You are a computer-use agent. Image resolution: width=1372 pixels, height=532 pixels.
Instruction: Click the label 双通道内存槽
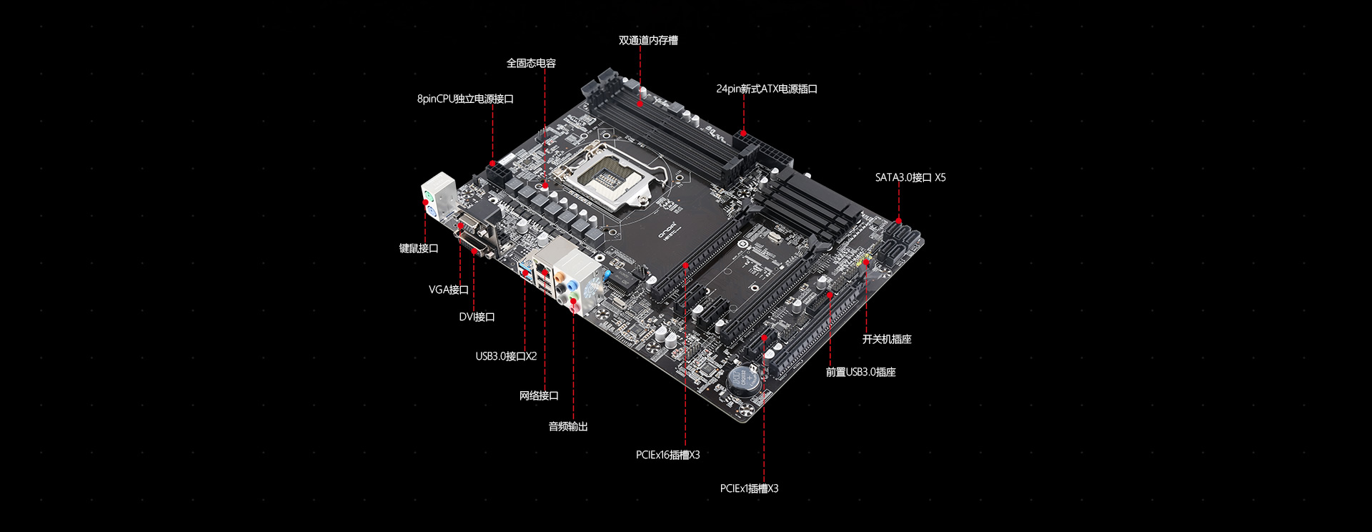click(648, 41)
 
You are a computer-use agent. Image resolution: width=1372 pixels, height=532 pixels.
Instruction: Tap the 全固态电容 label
click(531, 64)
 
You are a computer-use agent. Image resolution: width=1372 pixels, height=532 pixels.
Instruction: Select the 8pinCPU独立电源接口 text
click(465, 99)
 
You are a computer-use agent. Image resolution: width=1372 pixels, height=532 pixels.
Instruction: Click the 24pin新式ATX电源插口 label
click(767, 89)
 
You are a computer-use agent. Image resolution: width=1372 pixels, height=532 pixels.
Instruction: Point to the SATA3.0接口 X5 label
click(910, 177)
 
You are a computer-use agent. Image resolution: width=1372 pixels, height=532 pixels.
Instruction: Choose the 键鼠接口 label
click(419, 248)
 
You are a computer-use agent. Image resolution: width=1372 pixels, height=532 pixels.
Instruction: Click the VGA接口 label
click(449, 290)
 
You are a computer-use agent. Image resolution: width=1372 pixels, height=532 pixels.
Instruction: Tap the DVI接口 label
click(477, 317)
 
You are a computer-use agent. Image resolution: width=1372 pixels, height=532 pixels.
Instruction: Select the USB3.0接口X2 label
click(506, 356)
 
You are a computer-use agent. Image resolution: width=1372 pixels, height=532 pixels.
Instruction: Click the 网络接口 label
click(539, 395)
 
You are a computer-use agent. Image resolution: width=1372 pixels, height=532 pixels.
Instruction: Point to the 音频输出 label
click(568, 427)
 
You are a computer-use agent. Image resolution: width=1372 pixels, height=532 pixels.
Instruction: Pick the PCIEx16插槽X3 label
click(667, 455)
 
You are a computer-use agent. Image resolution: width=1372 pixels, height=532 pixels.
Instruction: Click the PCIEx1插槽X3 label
click(749, 488)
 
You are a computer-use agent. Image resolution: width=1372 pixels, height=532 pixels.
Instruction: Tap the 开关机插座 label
click(887, 339)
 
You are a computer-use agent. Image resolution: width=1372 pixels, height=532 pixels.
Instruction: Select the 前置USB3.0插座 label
click(860, 372)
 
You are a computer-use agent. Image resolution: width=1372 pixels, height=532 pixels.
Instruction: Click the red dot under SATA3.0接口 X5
click(898, 221)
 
